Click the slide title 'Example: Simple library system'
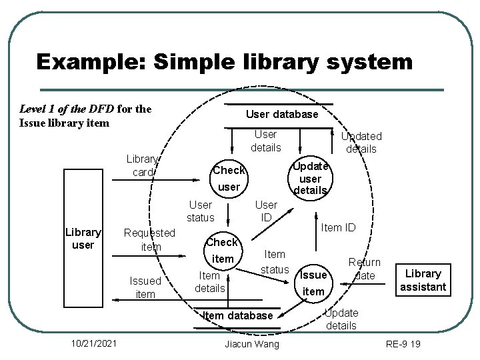click(x=225, y=62)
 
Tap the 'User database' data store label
click(x=282, y=114)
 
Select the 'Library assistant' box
click(x=423, y=280)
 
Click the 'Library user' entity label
click(x=83, y=239)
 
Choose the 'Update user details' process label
click(x=310, y=178)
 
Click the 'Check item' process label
click(x=222, y=250)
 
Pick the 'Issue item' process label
click(x=313, y=283)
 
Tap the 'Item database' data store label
click(x=237, y=315)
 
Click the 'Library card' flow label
click(x=143, y=165)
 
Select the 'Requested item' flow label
click(x=150, y=239)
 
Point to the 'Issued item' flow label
click(x=145, y=287)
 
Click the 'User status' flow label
click(x=201, y=211)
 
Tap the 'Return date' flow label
click(x=365, y=269)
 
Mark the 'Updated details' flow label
click(x=361, y=142)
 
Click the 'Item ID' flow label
click(x=339, y=228)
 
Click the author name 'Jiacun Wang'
click(x=251, y=343)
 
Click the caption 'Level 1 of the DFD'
click(x=67, y=109)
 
